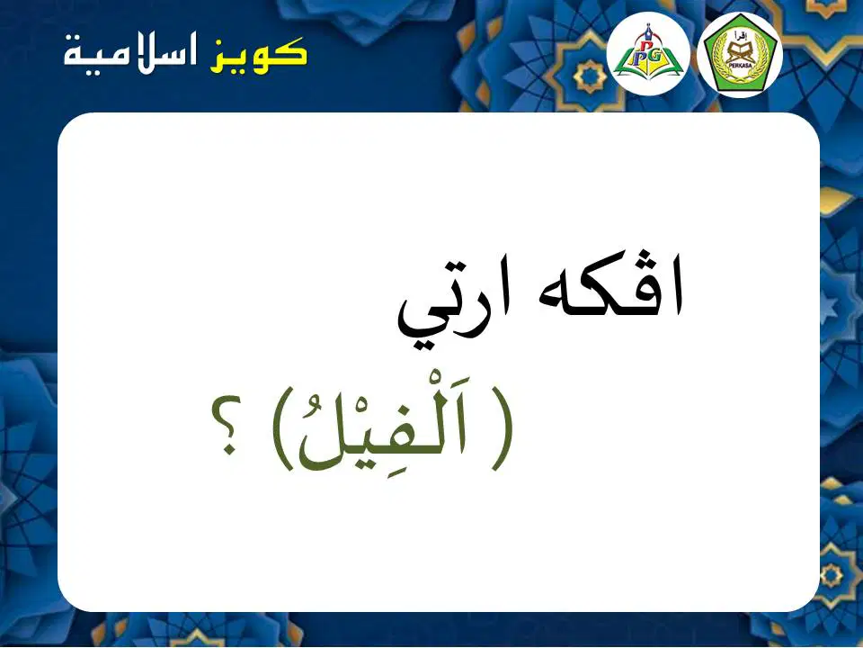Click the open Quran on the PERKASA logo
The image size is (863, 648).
pos(739,52)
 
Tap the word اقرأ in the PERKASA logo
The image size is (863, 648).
pos(739,37)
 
